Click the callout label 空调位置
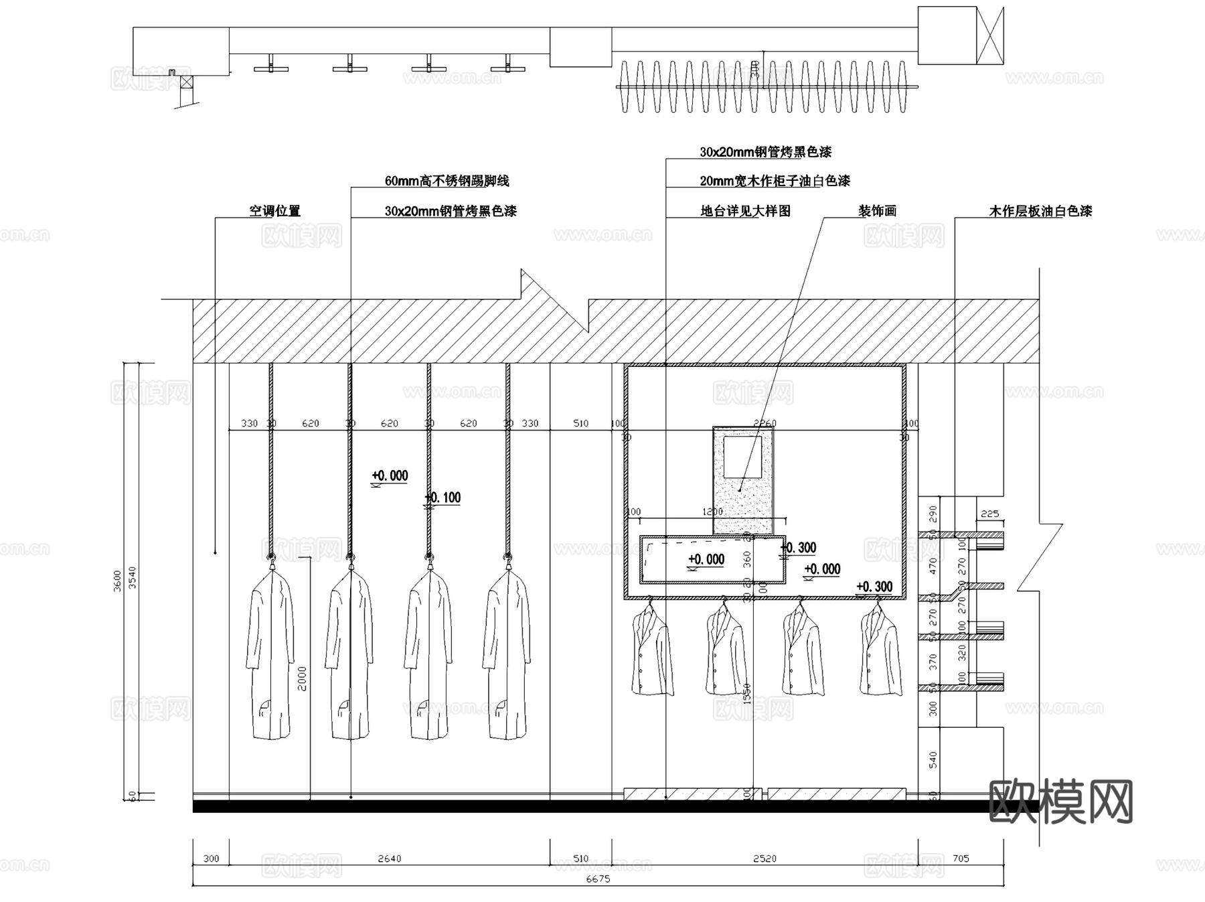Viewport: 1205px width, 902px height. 274,211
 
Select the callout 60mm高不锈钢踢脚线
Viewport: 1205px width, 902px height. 447,181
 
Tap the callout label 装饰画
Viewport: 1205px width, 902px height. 877,211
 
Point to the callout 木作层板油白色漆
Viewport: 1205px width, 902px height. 1040,211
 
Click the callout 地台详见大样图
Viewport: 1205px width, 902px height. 745,211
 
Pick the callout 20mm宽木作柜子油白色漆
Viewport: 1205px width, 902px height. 775,181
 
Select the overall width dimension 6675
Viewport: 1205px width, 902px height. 598,879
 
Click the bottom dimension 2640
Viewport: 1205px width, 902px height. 389,858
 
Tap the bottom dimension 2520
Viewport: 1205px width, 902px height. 765,858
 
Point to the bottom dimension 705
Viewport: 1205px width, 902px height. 961,858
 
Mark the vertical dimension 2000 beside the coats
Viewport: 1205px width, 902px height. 302,678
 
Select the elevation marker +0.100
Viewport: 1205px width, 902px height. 443,498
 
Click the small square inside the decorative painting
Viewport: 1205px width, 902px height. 743,456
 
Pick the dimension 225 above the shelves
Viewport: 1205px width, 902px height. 989,514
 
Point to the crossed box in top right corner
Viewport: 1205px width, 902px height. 991,35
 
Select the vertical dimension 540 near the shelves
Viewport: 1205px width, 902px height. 933,760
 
